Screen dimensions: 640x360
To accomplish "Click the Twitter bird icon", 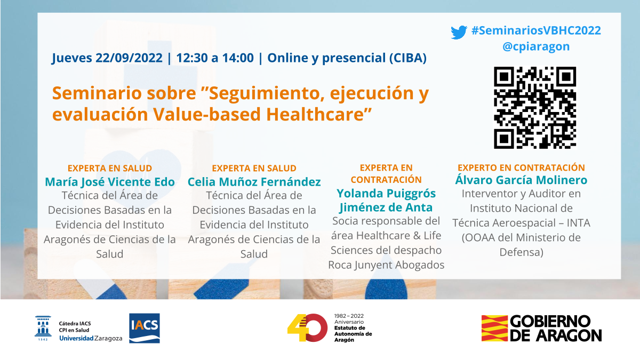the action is click(x=459, y=33).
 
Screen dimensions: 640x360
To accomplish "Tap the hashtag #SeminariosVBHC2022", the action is click(x=536, y=30).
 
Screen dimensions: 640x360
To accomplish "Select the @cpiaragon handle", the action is click(x=536, y=46).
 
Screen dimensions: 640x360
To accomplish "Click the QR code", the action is click(x=535, y=108).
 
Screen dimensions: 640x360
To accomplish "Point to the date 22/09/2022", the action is click(x=129, y=58).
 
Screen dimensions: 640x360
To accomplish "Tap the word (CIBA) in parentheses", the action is click(x=408, y=58).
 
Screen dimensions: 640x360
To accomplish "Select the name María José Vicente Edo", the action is click(x=110, y=182).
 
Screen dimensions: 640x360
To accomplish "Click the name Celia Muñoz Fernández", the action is click(x=254, y=182).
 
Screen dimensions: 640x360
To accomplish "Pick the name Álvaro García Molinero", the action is click(x=521, y=180).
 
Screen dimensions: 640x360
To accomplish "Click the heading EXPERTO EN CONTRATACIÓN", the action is click(x=521, y=167).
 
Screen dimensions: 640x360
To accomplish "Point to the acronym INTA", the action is click(x=578, y=223).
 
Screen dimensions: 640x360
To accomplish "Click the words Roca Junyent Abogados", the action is click(x=386, y=265).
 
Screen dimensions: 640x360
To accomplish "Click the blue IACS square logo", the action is click(x=145, y=328).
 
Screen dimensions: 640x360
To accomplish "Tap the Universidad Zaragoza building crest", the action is click(x=43, y=328).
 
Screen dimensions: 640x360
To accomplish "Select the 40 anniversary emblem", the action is click(x=307, y=327).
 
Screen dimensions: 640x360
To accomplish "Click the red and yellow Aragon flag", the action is click(x=494, y=328).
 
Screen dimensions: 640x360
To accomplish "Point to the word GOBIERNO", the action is click(x=550, y=322).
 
